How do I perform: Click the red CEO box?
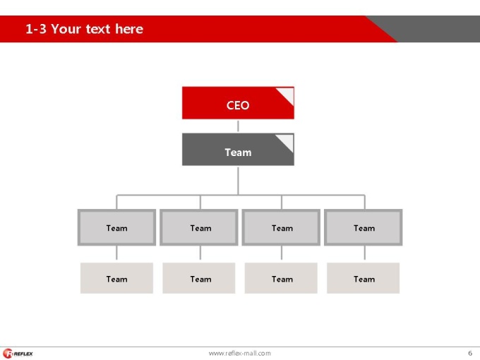238,103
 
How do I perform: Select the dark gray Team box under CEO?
238,150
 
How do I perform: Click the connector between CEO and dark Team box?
238,126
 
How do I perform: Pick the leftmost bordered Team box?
116,227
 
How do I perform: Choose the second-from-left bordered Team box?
199,227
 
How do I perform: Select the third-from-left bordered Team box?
281,227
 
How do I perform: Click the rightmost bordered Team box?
364,227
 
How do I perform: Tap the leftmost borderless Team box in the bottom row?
116,278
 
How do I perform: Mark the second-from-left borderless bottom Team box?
199,278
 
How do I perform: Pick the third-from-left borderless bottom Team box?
281,278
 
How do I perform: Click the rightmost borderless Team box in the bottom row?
364,278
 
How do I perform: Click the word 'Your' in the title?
66,29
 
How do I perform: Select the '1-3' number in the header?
36,29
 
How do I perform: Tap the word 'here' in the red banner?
129,29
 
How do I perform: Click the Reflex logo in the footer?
18,354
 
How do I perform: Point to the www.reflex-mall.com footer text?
240,353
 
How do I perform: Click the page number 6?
470,353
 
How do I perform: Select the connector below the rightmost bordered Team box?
365,253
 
